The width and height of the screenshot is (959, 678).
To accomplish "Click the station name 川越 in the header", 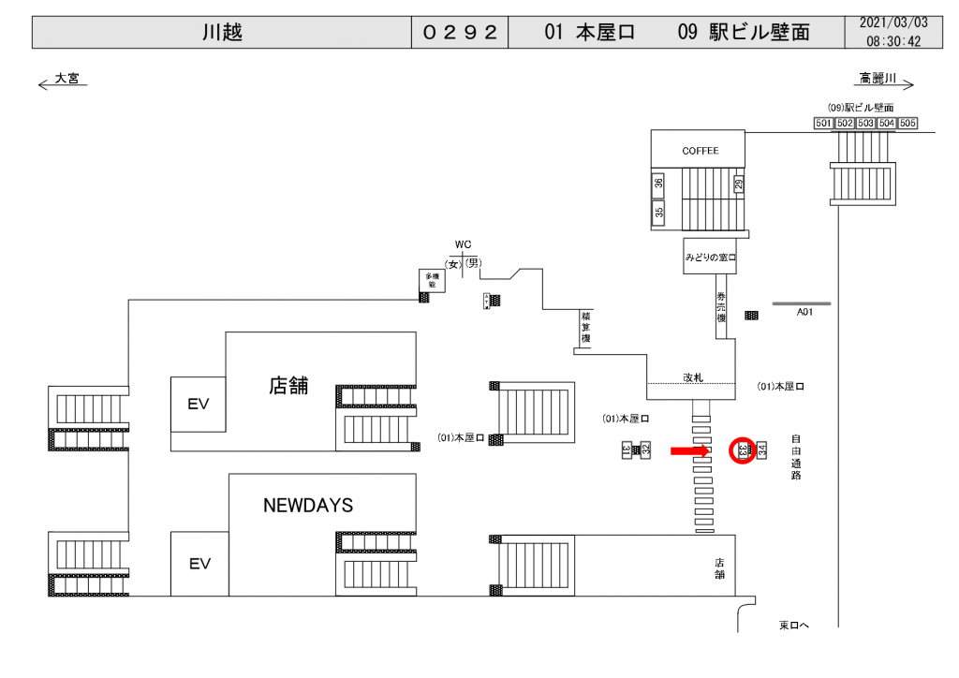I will [x=222, y=32].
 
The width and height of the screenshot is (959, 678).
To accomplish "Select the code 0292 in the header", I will [x=460, y=32].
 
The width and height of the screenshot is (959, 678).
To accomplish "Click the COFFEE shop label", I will [x=700, y=151].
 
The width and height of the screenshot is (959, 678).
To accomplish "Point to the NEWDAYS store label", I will [x=308, y=506].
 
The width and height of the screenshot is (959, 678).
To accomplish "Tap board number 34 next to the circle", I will [x=762, y=451].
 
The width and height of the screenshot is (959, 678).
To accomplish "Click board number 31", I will [x=627, y=450].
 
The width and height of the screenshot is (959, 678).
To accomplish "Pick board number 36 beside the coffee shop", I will [x=658, y=184].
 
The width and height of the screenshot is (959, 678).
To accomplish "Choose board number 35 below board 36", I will [x=658, y=213].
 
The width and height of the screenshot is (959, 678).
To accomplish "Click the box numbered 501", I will [x=823, y=124].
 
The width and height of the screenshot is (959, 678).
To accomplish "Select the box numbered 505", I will [x=907, y=124].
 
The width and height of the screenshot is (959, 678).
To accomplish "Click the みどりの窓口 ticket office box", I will [x=711, y=257].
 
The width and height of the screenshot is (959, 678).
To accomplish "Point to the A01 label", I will [x=804, y=313].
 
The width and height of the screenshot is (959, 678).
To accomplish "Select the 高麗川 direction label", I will [x=878, y=79].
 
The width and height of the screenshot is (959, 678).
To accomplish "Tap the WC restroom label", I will [x=463, y=245].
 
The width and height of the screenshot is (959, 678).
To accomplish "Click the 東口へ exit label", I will [x=793, y=625].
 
